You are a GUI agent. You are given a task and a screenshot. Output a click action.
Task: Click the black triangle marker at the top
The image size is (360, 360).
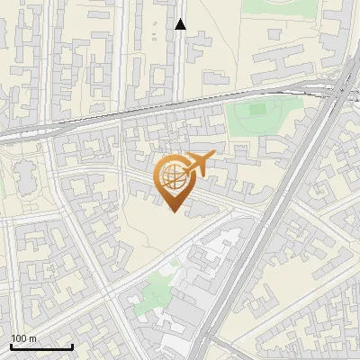click(181, 24)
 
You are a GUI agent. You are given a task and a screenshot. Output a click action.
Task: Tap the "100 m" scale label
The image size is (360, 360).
click(24, 338)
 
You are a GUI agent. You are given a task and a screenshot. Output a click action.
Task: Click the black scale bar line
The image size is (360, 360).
click(41, 346)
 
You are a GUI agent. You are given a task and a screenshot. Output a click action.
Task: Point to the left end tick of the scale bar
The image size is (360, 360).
click(11, 345)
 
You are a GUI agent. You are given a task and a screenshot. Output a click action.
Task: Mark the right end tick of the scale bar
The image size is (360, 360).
click(72, 345)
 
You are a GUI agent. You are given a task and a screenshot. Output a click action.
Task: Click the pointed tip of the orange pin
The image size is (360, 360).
click(175, 211)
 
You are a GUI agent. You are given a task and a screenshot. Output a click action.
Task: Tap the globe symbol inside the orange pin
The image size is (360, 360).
click(174, 178)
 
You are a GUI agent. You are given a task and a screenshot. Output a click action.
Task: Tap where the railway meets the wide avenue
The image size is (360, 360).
click(338, 85)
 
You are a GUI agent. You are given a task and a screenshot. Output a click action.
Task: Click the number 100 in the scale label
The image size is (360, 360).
click(19, 338)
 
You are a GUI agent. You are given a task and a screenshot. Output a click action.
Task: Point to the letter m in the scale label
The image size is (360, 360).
click(32, 338)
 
